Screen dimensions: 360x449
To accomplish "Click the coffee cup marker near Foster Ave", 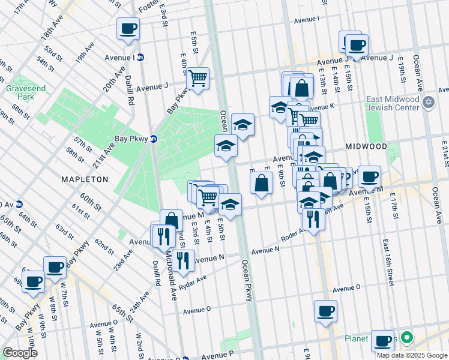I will pyautogui.click(x=128, y=28).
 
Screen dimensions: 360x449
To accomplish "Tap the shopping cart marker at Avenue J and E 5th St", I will pyautogui.click(x=197, y=78).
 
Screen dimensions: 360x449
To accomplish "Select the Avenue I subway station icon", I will pyautogui.click(x=140, y=58).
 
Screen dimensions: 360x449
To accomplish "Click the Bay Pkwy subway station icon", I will pyautogui.click(x=154, y=139).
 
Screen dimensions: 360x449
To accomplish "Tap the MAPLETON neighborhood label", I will pyautogui.click(x=85, y=179).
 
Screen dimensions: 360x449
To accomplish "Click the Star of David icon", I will pyautogui.click(x=429, y=102).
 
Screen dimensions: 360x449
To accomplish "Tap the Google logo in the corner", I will pyautogui.click(x=20, y=353).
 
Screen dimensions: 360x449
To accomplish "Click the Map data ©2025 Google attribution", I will pyautogui.click(x=412, y=355).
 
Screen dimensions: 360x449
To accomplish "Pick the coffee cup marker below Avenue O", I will pyautogui.click(x=325, y=311).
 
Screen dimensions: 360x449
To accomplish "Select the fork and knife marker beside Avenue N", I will pyautogui.click(x=184, y=260).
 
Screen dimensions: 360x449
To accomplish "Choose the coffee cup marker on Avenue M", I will pyautogui.click(x=369, y=177).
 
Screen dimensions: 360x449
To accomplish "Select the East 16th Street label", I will pyautogui.click(x=386, y=253).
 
